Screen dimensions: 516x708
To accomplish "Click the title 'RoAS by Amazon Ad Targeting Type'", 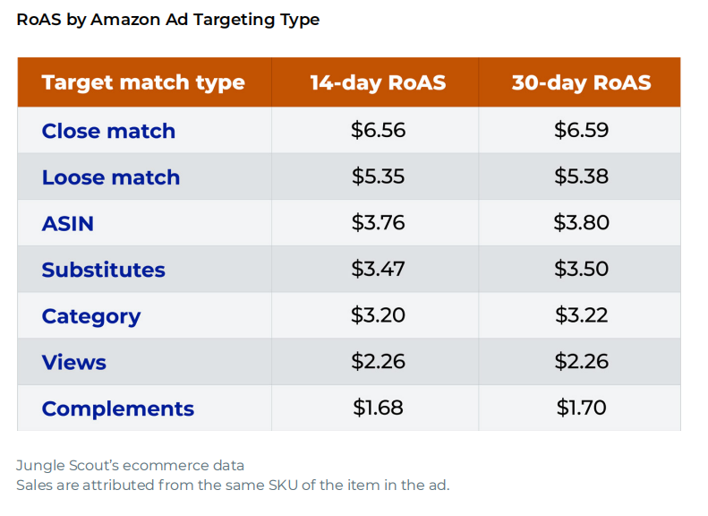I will [x=167, y=20].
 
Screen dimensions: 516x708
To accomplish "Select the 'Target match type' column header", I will [x=143, y=83].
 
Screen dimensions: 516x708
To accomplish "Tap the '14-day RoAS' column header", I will [x=378, y=83].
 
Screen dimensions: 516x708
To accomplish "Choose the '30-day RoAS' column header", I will [x=581, y=83].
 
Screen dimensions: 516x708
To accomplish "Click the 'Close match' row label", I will [x=108, y=131].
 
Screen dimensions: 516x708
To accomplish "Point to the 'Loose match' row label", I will [x=111, y=177].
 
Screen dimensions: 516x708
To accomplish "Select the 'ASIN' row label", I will [x=68, y=223].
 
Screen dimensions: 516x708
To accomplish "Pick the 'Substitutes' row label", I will [x=103, y=270].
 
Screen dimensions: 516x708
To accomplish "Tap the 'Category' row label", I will [x=91, y=316].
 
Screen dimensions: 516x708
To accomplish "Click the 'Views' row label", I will [x=74, y=362].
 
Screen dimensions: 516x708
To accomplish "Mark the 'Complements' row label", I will [x=117, y=408].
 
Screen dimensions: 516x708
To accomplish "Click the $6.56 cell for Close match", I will [x=378, y=130].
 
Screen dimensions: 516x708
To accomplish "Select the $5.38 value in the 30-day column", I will [x=582, y=176].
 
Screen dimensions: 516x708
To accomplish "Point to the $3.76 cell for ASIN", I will [x=378, y=222].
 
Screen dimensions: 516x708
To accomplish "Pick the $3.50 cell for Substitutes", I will [x=582, y=269].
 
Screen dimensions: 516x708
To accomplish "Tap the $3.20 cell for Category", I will [x=378, y=315].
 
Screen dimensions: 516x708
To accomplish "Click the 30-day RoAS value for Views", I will [x=582, y=361].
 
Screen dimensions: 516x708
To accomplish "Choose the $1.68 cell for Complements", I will [x=378, y=408].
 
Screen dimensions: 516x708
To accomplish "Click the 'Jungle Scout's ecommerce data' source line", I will [x=130, y=466].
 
